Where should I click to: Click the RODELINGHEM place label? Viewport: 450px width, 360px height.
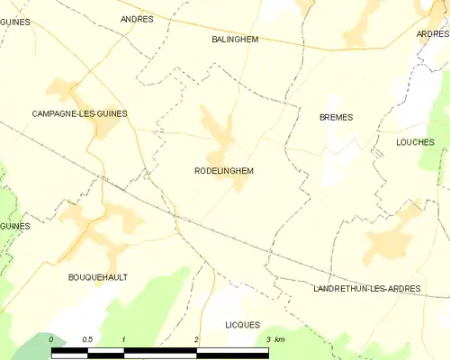pyautogui.click(x=223, y=170)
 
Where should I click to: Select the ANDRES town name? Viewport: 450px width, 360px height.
pyautogui.click(x=137, y=18)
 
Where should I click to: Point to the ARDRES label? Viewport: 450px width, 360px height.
pyautogui.click(x=432, y=33)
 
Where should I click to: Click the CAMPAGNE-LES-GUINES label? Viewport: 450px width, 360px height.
pyautogui.click(x=79, y=113)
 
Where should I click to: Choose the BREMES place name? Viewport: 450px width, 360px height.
pyautogui.click(x=336, y=117)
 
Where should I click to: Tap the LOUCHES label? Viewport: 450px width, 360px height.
pyautogui.click(x=415, y=142)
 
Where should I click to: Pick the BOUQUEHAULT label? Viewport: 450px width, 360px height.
pyautogui.click(x=98, y=277)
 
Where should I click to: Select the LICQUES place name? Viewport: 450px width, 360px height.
pyautogui.click(x=242, y=325)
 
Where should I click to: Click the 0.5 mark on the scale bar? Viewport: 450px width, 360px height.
pyautogui.click(x=87, y=338)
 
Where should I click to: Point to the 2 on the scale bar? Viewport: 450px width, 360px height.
pyautogui.click(x=196, y=338)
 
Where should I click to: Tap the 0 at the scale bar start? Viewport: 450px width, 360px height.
pyautogui.click(x=51, y=338)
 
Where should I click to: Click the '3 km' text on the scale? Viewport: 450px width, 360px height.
pyautogui.click(x=275, y=338)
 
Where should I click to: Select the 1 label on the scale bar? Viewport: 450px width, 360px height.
pyautogui.click(x=123, y=338)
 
